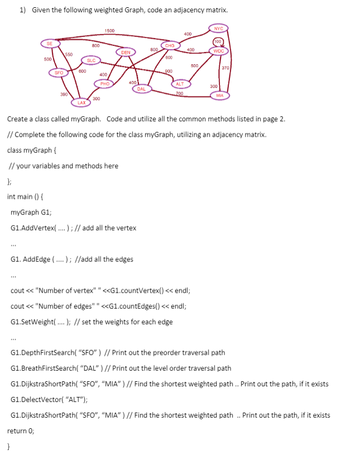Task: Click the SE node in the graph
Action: (x=49, y=44)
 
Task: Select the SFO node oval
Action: (x=58, y=73)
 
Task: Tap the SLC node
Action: (x=91, y=60)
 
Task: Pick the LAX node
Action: (x=81, y=103)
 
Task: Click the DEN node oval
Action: (x=126, y=52)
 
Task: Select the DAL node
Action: (x=141, y=89)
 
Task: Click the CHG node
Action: (x=170, y=45)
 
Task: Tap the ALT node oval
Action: (x=180, y=84)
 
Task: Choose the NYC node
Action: (x=218, y=28)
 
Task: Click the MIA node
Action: (x=219, y=95)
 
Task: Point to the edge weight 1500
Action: (x=109, y=30)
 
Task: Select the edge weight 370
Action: (x=226, y=68)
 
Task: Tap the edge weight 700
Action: (x=179, y=93)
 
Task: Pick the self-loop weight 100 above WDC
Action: (x=218, y=41)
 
